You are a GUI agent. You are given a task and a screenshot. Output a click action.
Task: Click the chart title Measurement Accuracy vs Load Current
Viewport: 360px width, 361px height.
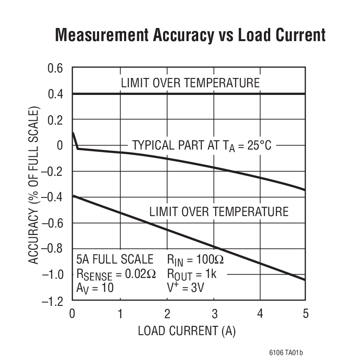point(191,35)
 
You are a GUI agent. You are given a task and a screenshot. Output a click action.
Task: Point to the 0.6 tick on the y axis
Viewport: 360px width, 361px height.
point(54,68)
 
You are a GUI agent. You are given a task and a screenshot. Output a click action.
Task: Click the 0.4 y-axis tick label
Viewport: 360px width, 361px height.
point(54,94)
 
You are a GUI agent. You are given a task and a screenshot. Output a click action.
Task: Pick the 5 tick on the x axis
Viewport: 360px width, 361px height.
point(305,314)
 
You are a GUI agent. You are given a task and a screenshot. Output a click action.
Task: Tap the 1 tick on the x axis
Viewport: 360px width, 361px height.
point(120,314)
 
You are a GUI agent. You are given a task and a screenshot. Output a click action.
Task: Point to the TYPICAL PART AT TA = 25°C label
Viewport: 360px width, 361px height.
point(202,145)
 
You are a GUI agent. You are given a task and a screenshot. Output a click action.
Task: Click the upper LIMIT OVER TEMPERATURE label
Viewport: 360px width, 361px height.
point(190,83)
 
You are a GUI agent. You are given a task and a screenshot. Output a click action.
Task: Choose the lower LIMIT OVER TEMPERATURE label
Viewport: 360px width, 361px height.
point(219,211)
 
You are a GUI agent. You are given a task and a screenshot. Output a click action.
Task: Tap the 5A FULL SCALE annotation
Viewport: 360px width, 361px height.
point(115,259)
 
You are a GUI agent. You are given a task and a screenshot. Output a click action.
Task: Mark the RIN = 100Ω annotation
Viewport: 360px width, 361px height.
point(195,259)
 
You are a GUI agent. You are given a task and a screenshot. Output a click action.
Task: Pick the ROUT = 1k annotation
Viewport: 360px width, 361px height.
point(192,274)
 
